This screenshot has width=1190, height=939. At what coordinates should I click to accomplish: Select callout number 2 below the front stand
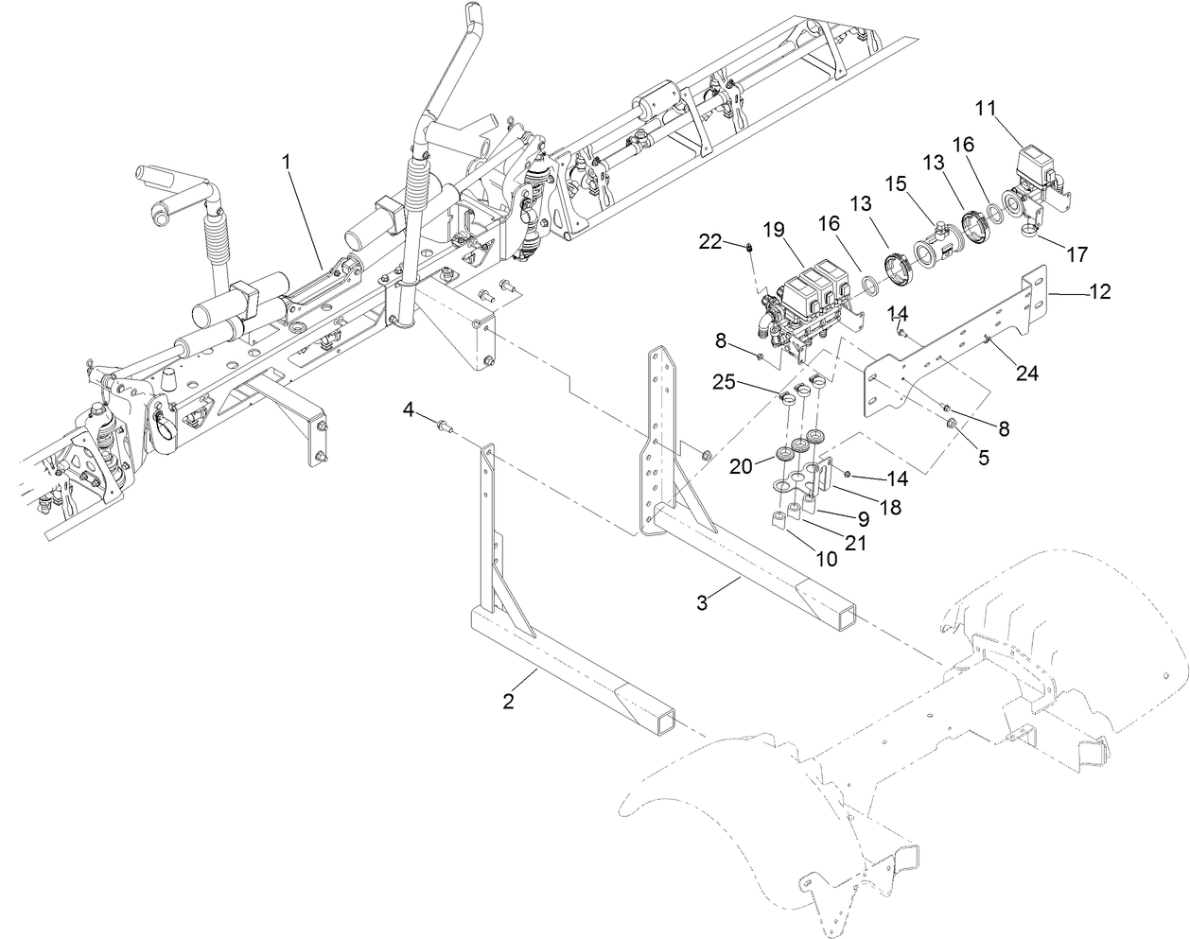point(509,701)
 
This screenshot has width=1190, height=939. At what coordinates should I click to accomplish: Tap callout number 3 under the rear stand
point(702,603)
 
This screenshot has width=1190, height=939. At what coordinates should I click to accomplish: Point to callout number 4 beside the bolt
point(409,409)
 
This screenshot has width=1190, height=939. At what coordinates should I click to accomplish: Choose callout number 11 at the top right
point(986,108)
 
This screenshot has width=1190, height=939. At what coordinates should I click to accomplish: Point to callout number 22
point(710,243)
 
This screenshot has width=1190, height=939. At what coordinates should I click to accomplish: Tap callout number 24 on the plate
point(1026,374)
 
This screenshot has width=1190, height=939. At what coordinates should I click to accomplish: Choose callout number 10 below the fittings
point(826,558)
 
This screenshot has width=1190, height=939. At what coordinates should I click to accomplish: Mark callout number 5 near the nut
point(983,456)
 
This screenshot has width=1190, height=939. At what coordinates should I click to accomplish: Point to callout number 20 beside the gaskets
point(742,466)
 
